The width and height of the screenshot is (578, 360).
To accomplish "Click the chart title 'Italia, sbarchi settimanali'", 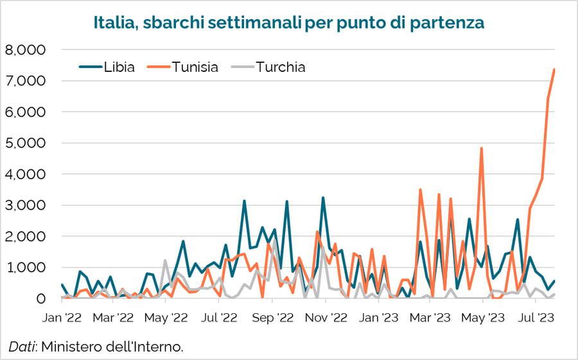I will pos(289,23).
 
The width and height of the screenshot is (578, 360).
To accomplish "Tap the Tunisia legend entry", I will pos(195,67).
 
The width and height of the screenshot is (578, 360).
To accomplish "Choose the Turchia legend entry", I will pos(280,67).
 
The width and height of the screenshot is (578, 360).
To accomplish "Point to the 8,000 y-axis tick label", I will pos(25,50).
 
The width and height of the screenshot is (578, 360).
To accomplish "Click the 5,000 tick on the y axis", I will pos(25,143).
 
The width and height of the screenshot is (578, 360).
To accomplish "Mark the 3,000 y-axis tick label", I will pos(25,205).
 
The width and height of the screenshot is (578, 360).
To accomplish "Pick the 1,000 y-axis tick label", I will pos(25,268).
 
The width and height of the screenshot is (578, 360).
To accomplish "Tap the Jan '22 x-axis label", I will pos(63,317).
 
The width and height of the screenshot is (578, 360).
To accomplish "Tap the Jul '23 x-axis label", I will pos(537,317).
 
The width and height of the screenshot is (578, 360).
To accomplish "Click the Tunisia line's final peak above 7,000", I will pos(554,69).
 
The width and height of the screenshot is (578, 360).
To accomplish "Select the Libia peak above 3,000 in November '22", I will pos(323,198).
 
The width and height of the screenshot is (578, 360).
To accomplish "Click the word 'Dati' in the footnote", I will pos(22,347).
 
